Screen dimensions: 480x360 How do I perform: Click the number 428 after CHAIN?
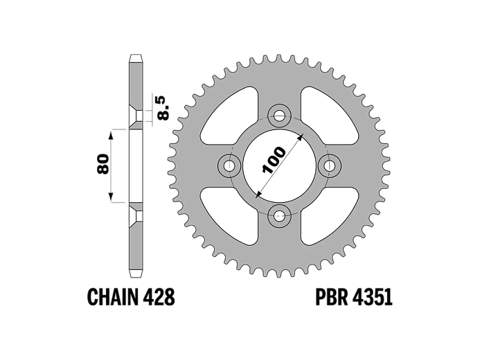tap(158, 297)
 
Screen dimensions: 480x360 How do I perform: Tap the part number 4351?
tap(372, 297)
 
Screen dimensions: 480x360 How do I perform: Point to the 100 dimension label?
tap(274, 161)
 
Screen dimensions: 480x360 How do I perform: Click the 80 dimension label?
tap(103, 164)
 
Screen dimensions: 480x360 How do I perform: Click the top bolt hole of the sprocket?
tap(279, 116)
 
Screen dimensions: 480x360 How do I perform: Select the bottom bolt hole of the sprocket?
tap(279, 217)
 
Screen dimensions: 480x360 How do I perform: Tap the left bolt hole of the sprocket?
tap(229, 165)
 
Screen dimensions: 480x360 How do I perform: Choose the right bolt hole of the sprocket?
tap(330, 165)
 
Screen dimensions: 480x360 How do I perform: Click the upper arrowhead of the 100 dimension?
tap(301, 136)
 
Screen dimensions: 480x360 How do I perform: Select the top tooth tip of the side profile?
tap(136, 55)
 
